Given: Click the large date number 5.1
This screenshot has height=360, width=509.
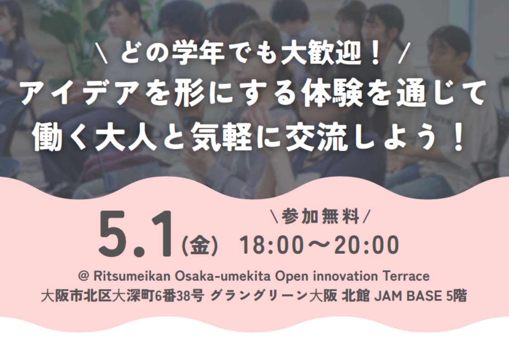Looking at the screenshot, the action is pos(136,234).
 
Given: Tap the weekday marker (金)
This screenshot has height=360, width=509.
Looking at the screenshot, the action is pos(199,246).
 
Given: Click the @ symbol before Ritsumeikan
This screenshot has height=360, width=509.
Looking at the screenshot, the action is pos(84,276).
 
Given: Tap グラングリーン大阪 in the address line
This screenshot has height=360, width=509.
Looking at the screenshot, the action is pos(274,296).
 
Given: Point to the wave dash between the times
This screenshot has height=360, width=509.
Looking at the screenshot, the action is pos(318,245).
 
